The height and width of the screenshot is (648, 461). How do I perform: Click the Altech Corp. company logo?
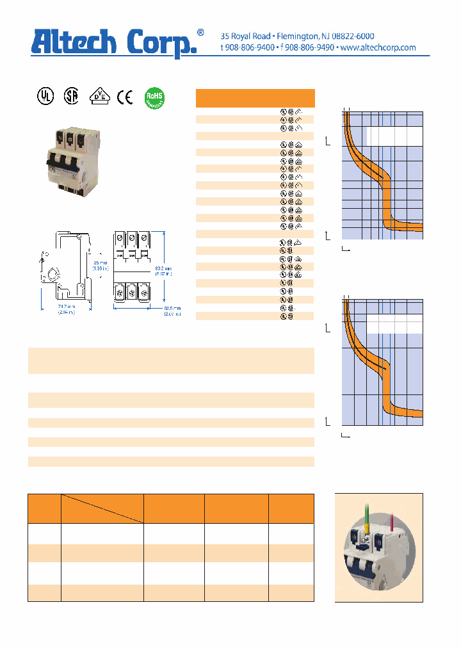(116, 42)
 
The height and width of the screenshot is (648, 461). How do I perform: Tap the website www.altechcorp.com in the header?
(378, 48)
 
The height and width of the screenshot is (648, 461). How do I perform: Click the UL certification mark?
(44, 97)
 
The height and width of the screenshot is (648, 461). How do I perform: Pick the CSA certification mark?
(70, 97)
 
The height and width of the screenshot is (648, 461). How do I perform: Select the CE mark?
(125, 97)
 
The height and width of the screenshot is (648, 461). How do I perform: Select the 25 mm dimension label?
(100, 263)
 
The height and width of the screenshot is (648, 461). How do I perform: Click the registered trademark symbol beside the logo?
(200, 32)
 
